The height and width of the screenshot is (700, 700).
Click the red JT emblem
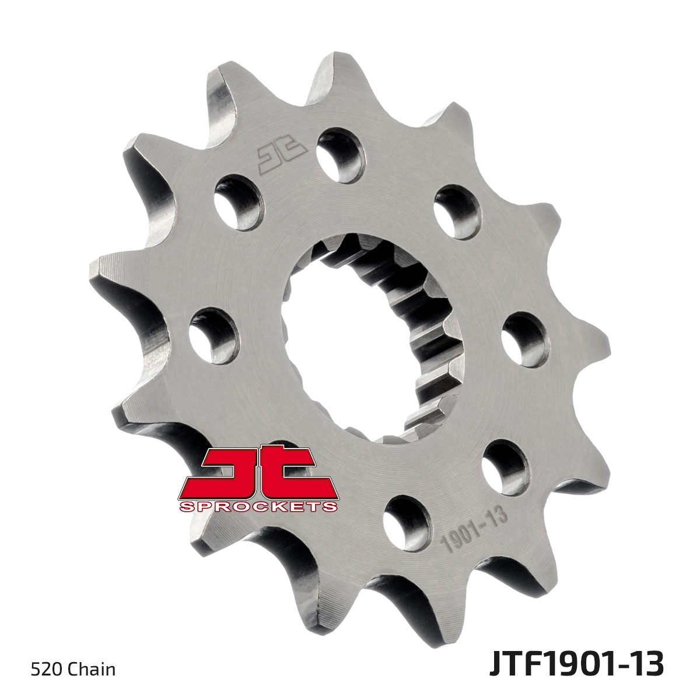[258, 471]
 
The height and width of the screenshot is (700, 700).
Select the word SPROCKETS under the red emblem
[258, 506]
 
